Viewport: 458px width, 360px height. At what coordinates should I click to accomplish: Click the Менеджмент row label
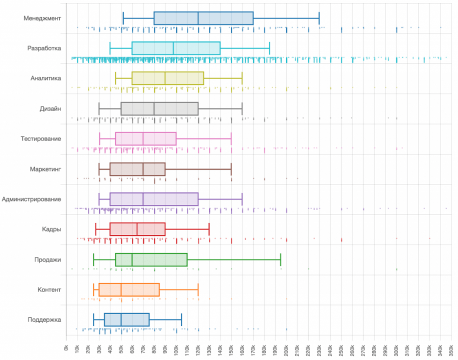pyautogui.click(x=42, y=18)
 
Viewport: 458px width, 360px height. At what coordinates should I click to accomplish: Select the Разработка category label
pyautogui.click(x=44, y=48)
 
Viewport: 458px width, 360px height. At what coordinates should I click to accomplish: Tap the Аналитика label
pyautogui.click(x=46, y=78)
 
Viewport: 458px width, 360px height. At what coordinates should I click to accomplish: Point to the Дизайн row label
pyautogui.click(x=50, y=108)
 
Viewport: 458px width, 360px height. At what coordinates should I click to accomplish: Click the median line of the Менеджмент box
pyautogui.click(x=198, y=18)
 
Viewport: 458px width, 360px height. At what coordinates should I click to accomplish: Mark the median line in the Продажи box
pyautogui.click(x=132, y=259)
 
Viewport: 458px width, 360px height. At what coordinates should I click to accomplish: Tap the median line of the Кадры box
pyautogui.click(x=137, y=229)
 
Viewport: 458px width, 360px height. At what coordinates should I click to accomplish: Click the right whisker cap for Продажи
pyautogui.click(x=281, y=259)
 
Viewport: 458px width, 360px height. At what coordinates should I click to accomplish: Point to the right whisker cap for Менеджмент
pyautogui.click(x=319, y=18)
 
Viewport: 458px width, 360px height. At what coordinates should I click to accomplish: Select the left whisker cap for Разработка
pyautogui.click(x=110, y=48)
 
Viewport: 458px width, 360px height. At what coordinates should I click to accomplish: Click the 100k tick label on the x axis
pyautogui.click(x=176, y=347)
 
